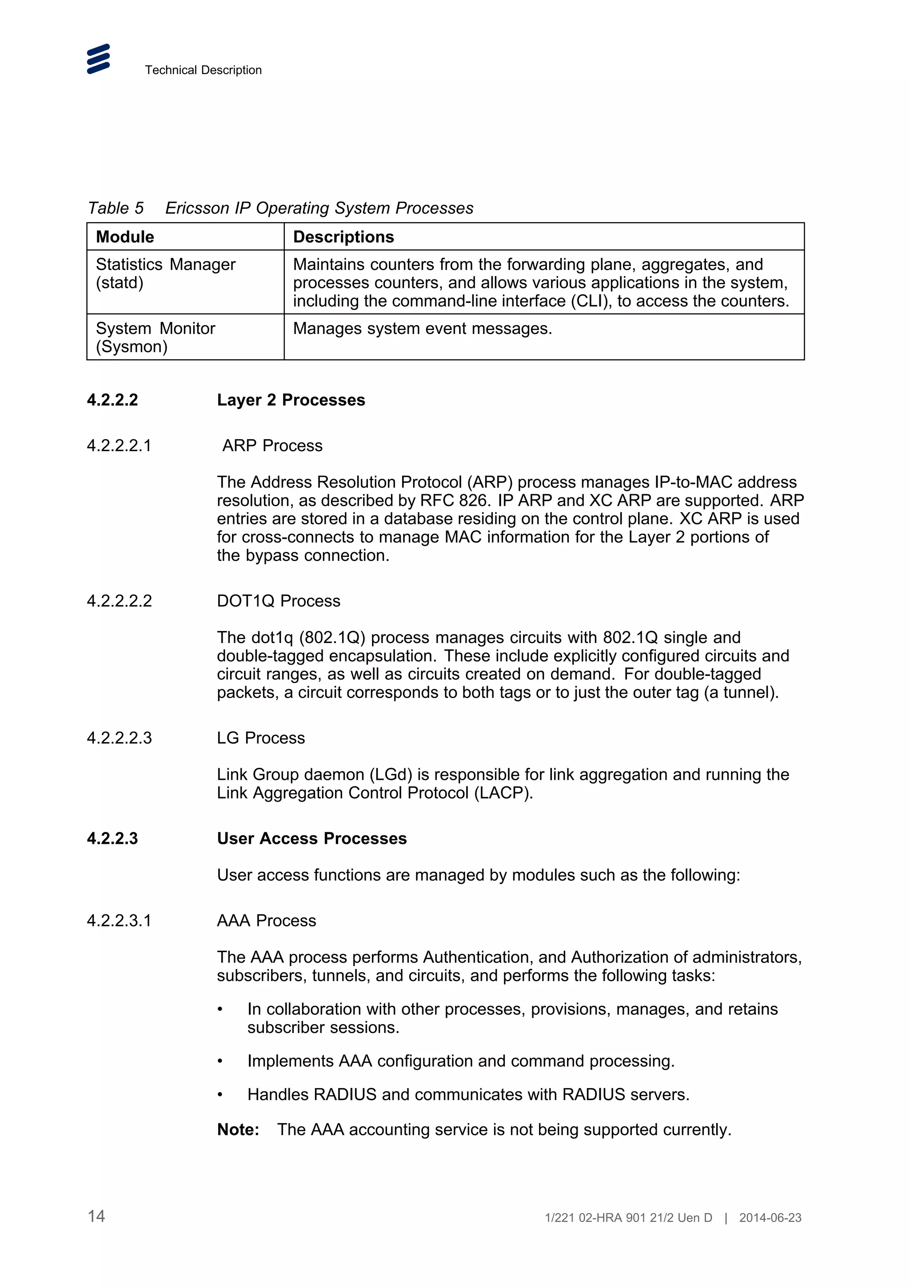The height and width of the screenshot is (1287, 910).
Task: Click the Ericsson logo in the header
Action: click(98, 59)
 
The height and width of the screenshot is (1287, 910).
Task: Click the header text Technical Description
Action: click(203, 70)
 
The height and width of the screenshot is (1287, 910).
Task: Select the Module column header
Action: click(125, 237)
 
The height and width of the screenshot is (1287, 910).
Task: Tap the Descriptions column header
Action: click(343, 237)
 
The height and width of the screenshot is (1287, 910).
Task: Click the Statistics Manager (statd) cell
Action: click(165, 274)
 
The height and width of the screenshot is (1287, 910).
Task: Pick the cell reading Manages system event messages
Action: click(422, 329)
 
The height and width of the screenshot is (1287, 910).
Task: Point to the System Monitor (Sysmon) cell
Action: click(156, 337)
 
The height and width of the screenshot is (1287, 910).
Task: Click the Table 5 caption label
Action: click(116, 208)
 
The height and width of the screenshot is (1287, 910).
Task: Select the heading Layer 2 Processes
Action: click(291, 400)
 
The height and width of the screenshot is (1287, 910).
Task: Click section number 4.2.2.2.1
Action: click(119, 445)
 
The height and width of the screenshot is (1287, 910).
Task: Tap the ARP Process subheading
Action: click(272, 445)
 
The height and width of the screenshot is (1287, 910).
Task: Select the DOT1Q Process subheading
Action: click(278, 601)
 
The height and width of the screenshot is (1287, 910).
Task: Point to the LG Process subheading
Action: click(261, 738)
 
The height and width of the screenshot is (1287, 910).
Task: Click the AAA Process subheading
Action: click(266, 921)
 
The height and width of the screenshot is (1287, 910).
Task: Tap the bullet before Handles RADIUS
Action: click(220, 1095)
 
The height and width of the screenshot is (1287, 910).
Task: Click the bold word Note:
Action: click(238, 1129)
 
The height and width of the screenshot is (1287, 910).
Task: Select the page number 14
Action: click(96, 1216)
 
